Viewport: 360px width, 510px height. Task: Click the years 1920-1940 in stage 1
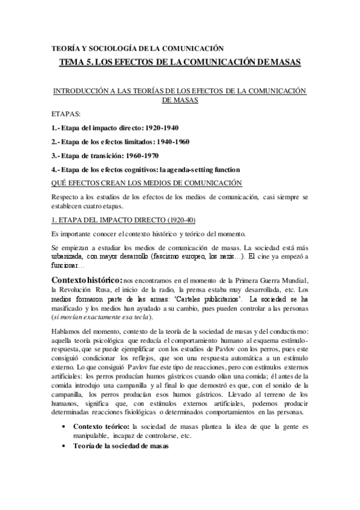(x=162, y=127)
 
